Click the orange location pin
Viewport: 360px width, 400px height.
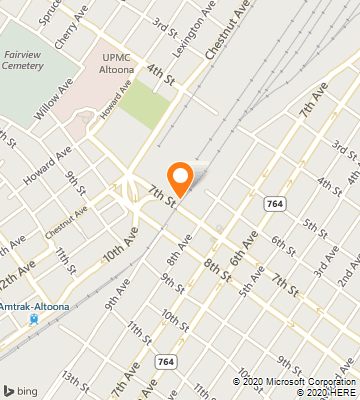[x=180, y=177]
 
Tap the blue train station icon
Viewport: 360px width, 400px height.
[x=34, y=320]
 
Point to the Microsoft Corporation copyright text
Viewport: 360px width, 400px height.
[x=295, y=380]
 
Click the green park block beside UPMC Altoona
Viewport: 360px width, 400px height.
[x=147, y=106]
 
